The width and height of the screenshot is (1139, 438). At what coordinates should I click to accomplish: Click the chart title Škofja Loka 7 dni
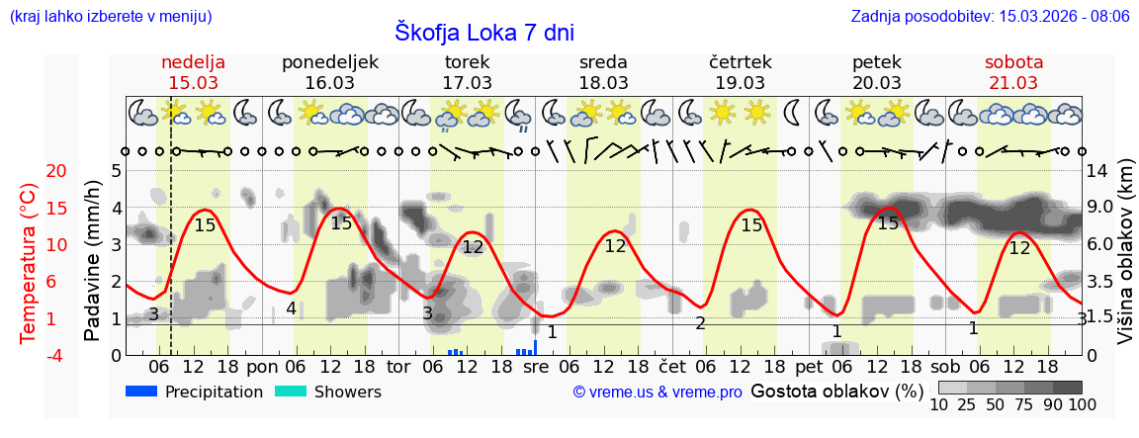(x=483, y=31)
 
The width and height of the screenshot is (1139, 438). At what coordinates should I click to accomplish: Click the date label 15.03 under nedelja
(x=194, y=82)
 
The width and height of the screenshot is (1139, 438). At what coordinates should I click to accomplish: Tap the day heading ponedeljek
(x=330, y=61)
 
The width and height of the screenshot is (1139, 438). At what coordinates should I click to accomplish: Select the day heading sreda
(x=603, y=61)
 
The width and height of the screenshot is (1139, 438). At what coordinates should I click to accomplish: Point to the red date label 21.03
(x=1013, y=82)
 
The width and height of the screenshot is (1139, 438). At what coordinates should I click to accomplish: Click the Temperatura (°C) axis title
(x=29, y=263)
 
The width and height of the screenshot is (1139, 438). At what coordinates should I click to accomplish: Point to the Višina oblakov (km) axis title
(x=1126, y=262)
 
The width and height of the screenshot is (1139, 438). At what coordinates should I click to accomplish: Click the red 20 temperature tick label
(x=29, y=171)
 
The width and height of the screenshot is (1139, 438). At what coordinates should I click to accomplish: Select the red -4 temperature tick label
(x=29, y=355)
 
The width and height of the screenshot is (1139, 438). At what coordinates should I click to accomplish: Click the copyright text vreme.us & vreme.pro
(x=657, y=393)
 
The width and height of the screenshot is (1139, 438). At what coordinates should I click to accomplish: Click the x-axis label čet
(x=672, y=366)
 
